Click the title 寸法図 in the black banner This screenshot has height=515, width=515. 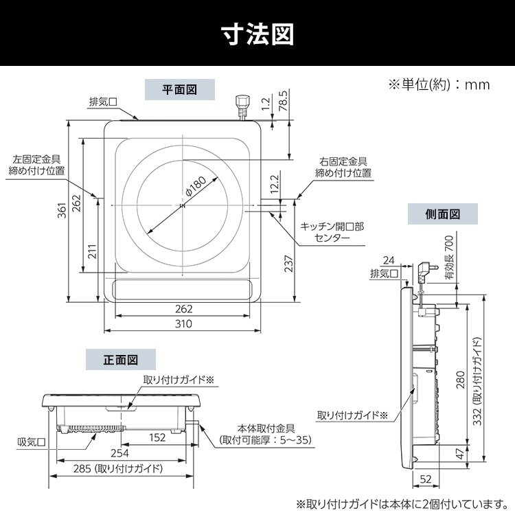tap(257, 33)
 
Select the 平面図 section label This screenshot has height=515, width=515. tap(180, 89)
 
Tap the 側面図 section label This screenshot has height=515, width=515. tap(442, 214)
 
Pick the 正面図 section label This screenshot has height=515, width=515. tap(121, 359)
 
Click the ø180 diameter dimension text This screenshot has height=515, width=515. tap(196, 186)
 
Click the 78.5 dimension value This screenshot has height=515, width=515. tap(282, 100)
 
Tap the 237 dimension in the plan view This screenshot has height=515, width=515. tap(288, 263)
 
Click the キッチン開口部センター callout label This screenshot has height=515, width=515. tap(332, 231)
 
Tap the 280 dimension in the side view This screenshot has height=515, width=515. tap(460, 378)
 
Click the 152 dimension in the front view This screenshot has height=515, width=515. tap(158, 436)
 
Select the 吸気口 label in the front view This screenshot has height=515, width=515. tap(32, 442)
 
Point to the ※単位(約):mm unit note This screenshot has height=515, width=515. tap(439, 84)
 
